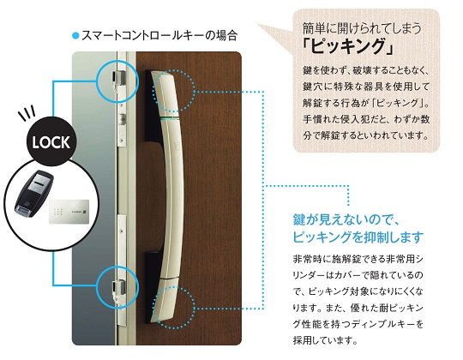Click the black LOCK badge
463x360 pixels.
coord(51,141)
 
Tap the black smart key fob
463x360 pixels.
coord(34,191)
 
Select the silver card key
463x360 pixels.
coord(69,212)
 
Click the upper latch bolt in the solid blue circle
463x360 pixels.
coord(118,81)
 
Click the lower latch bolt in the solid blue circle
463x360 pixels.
coord(118,290)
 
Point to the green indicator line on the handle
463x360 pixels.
coord(171,118)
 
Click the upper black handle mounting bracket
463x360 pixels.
coord(153,106)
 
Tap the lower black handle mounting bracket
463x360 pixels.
coord(153,286)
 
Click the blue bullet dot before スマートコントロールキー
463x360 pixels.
coord(76,36)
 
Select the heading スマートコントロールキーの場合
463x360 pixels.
coord(159,36)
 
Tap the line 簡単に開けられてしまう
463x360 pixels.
coord(362,28)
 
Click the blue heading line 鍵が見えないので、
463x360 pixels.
coord(346,220)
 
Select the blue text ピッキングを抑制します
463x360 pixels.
coord(358,237)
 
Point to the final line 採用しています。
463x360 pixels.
coord(326,340)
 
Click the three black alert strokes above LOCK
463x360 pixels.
coord(27,112)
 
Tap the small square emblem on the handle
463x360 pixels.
coord(177,145)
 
